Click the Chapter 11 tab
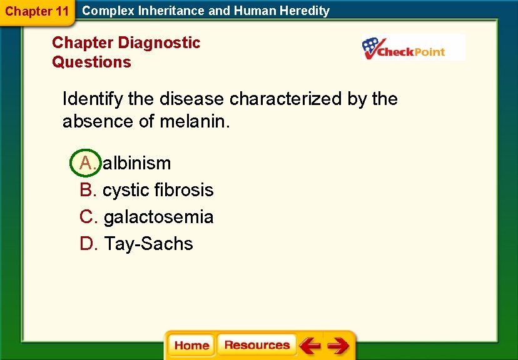[36, 12]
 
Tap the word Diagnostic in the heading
[159, 42]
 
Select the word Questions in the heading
[91, 62]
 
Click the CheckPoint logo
[413, 48]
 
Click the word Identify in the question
[94, 99]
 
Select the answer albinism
[137, 163]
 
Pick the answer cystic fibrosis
[158, 190]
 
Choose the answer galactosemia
[159, 217]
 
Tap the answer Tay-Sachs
[149, 244]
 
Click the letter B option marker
[88, 190]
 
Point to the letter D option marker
[88, 244]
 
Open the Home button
[191, 346]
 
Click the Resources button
[256, 345]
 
